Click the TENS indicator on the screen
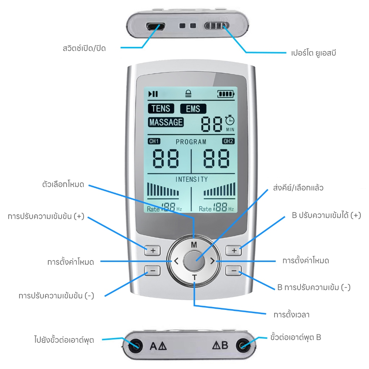(x=161, y=108)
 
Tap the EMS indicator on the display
(x=193, y=109)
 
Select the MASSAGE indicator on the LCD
(x=166, y=122)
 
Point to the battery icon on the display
(x=226, y=94)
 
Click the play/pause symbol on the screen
(x=153, y=94)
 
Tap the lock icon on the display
(x=188, y=94)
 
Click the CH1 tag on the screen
(x=154, y=141)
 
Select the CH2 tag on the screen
(x=228, y=141)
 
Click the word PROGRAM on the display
(x=191, y=142)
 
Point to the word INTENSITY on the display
(x=192, y=179)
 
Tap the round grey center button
(x=194, y=261)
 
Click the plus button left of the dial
(x=152, y=250)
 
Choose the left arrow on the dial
(x=176, y=261)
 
